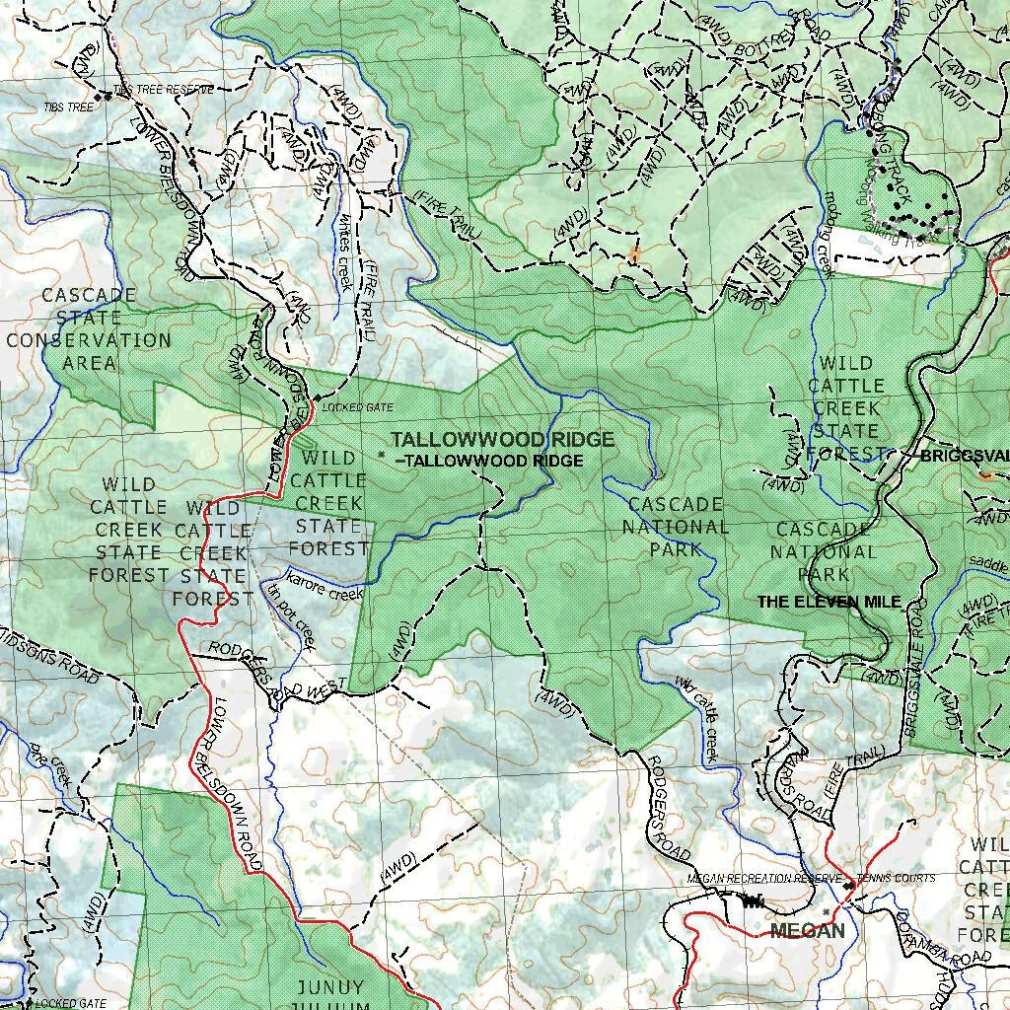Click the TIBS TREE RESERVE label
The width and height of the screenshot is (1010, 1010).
(163, 90)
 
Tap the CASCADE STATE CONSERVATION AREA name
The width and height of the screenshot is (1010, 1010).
(89, 328)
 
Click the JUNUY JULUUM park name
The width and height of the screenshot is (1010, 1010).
(330, 995)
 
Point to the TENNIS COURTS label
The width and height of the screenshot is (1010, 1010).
(896, 878)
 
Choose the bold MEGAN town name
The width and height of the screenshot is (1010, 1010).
(807, 931)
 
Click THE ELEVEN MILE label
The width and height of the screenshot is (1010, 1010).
(829, 601)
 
